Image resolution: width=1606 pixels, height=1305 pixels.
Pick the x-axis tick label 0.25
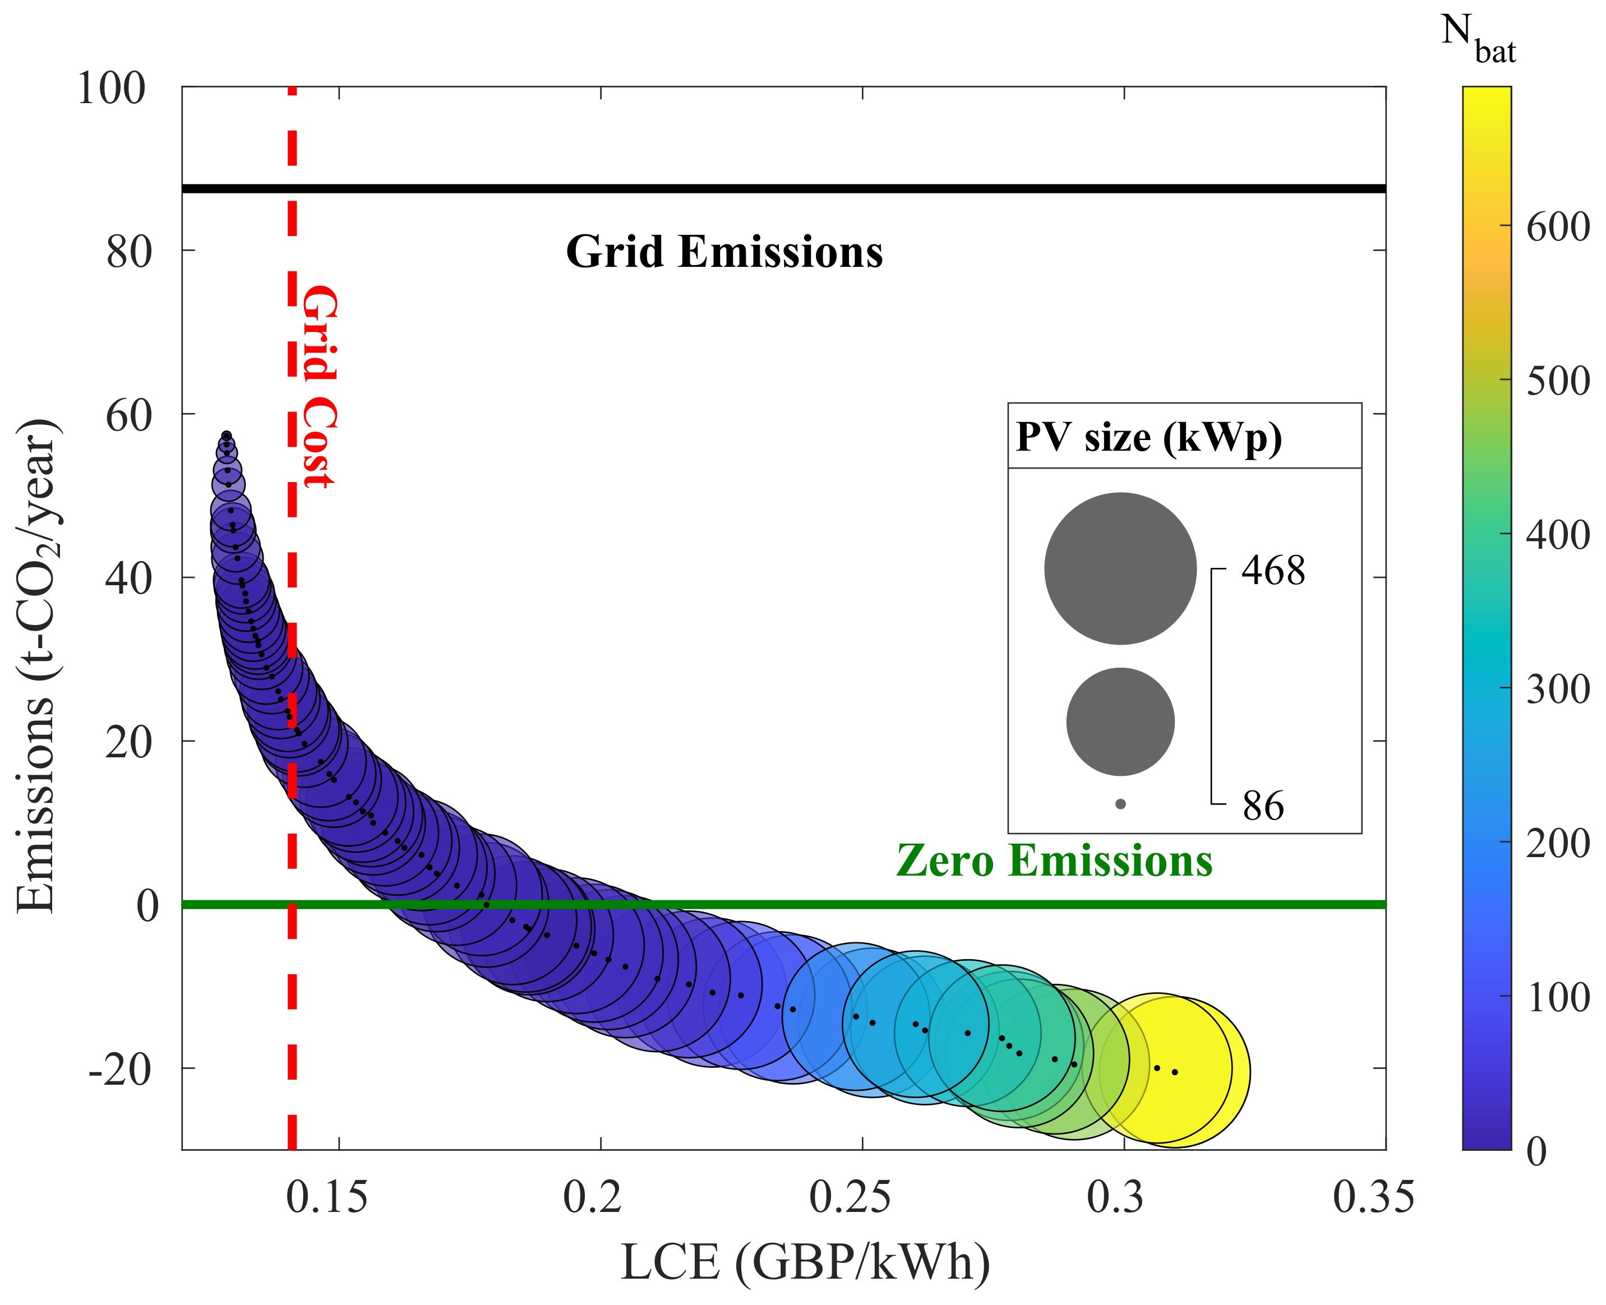[x=850, y=1197]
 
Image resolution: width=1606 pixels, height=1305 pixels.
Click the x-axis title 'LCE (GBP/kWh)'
[x=805, y=1263]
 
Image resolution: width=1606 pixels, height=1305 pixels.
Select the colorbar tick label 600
[x=1558, y=226]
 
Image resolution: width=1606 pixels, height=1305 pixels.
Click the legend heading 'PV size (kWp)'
[x=1148, y=437]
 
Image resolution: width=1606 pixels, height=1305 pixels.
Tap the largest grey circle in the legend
[x=1120, y=569]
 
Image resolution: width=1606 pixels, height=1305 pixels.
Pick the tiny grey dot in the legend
[x=1120, y=804]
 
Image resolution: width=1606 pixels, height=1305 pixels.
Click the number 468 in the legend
[x=1273, y=571]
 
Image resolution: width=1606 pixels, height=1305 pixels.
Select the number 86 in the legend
[x=1263, y=806]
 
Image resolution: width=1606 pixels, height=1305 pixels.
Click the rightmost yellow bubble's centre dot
[x=1175, y=1072]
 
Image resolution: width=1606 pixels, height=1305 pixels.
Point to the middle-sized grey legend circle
[x=1120, y=721]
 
